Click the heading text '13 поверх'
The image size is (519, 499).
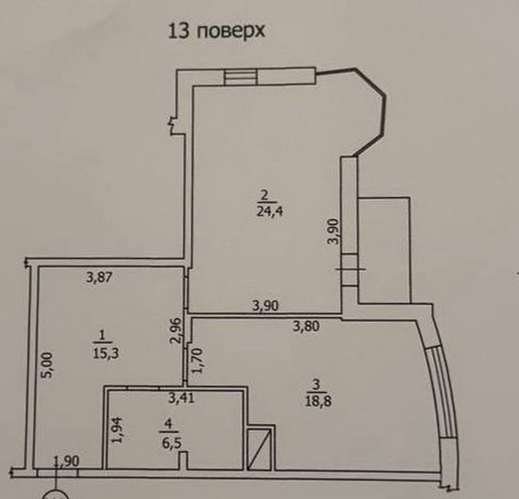pyautogui.click(x=217, y=31)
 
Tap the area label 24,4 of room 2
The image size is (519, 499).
pyautogui.click(x=269, y=212)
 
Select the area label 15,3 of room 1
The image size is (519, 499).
pyautogui.click(x=106, y=353)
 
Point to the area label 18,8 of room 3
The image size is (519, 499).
pyautogui.click(x=319, y=401)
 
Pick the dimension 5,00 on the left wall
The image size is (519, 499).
pyautogui.click(x=47, y=365)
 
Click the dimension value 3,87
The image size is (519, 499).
pyautogui.click(x=99, y=277)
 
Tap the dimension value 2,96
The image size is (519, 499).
pyautogui.click(x=177, y=331)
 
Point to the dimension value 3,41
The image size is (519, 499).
pyautogui.click(x=181, y=398)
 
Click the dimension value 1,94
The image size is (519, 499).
pyautogui.click(x=117, y=430)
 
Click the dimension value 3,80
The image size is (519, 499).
pyautogui.click(x=307, y=327)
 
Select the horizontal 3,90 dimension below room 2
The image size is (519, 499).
pyautogui.click(x=265, y=306)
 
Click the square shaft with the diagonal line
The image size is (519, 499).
pyautogui.click(x=259, y=448)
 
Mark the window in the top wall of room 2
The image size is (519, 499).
pyautogui.click(x=241, y=77)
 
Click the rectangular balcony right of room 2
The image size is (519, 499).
pyautogui.click(x=385, y=250)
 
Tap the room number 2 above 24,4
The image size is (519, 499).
pyautogui.click(x=264, y=195)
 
